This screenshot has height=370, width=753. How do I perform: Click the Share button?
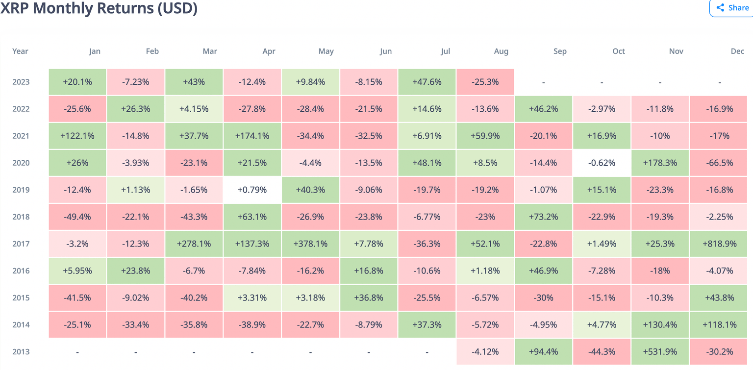(732, 8)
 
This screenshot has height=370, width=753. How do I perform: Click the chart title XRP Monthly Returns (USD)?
(99, 8)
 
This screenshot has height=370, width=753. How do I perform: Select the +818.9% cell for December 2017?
(719, 244)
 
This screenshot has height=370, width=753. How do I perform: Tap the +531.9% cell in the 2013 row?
(660, 351)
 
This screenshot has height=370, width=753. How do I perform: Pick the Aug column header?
(501, 51)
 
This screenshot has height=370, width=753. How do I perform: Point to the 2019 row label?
(21, 190)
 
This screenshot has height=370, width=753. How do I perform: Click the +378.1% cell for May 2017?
(310, 244)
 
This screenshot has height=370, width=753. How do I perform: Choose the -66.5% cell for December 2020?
(719, 163)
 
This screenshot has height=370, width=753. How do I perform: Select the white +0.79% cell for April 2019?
(252, 190)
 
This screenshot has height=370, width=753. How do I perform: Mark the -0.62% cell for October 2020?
(602, 163)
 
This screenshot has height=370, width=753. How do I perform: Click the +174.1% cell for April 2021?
(252, 136)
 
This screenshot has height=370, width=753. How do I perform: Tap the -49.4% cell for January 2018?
(77, 217)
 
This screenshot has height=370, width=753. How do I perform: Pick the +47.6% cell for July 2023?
(427, 82)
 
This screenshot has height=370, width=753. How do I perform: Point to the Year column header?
(21, 51)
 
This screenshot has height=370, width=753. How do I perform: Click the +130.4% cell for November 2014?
(660, 324)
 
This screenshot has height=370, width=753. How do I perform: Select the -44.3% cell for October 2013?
(602, 351)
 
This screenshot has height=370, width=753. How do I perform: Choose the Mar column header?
(209, 51)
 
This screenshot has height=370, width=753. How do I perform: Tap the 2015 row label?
(21, 297)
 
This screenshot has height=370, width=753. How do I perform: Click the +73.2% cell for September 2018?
(543, 217)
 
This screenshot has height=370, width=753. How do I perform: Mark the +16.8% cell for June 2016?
(369, 271)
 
